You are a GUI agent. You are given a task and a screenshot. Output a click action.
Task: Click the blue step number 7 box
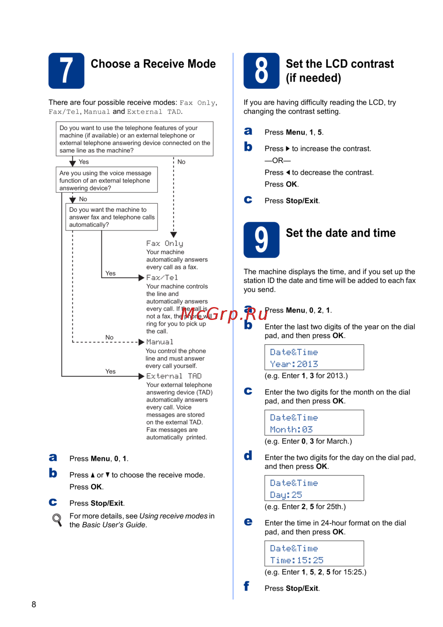(66, 71)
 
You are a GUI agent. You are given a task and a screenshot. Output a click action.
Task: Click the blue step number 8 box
(261, 71)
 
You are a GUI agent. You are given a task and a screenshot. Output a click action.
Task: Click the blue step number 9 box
(261, 240)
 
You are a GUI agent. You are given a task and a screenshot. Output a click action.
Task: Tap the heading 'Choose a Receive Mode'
(153, 64)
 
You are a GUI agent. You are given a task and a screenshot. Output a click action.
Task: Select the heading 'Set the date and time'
(341, 233)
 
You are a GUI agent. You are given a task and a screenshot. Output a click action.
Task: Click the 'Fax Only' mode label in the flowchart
(165, 244)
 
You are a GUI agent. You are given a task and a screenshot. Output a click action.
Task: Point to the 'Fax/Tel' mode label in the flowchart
(162, 277)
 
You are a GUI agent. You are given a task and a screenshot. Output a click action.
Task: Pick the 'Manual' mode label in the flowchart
(160, 342)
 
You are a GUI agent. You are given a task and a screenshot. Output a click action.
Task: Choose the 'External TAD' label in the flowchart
(174, 376)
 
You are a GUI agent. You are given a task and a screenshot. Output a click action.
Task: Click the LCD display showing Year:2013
(314, 357)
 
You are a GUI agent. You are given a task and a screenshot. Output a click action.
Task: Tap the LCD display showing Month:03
(314, 423)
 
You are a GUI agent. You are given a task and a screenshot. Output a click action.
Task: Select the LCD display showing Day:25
(314, 488)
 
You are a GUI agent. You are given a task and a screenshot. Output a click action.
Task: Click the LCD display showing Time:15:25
(314, 553)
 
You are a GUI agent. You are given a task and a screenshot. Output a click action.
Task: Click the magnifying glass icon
(57, 520)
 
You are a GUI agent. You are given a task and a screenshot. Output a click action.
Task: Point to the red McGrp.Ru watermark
(224, 314)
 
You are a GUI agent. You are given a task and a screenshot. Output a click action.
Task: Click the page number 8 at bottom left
(34, 604)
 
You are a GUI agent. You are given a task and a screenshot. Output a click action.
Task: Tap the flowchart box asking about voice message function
(107, 180)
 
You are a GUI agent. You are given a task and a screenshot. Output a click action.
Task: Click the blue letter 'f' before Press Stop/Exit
(246, 586)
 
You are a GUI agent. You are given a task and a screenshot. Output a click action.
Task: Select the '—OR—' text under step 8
(278, 160)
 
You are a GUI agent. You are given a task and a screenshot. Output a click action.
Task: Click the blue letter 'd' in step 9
(248, 456)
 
